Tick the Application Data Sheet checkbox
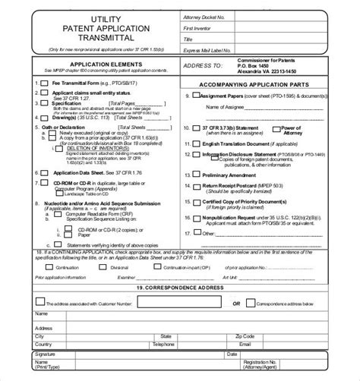(x=36, y=172)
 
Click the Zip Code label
(x=246, y=335)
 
